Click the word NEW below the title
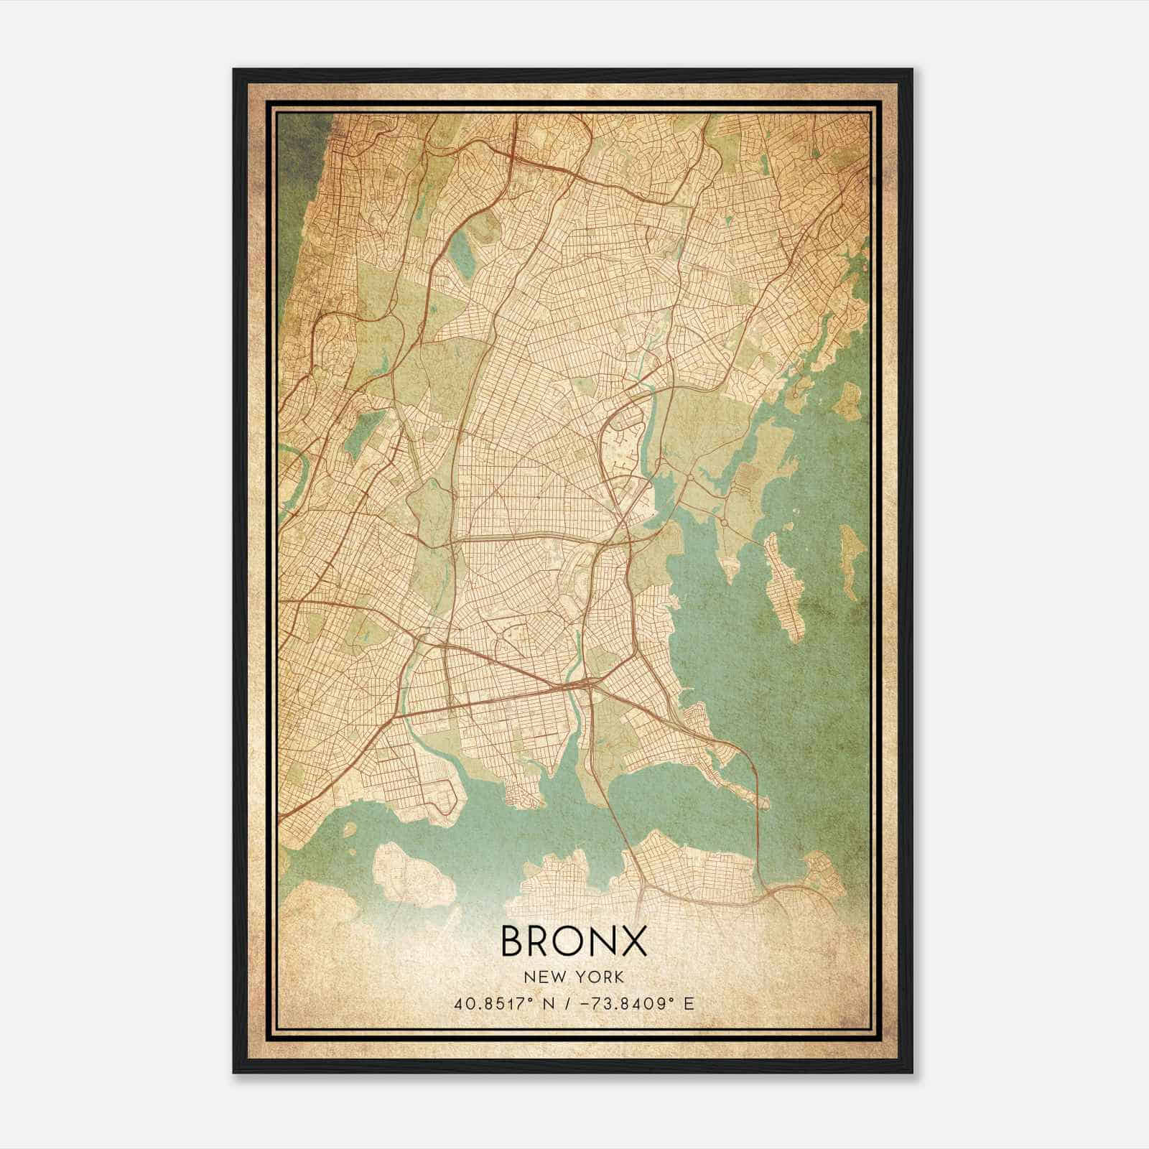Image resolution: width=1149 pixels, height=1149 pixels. [544, 977]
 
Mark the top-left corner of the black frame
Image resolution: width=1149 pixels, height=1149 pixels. [234, 70]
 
